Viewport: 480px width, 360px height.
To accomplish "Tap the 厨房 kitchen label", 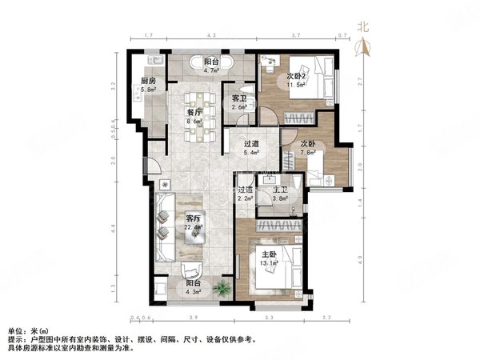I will point(148,82).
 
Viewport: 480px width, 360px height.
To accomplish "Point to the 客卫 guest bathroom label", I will point(238,98).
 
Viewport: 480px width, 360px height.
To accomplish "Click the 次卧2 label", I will point(297,76).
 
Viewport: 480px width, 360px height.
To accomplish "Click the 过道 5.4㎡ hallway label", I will point(251,146).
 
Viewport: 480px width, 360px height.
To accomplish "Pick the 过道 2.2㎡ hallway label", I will point(246,190).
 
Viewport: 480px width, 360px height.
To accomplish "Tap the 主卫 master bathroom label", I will point(280,190).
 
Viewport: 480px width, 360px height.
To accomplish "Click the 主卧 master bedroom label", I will point(269,256).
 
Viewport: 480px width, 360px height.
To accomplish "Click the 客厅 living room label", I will point(193,218).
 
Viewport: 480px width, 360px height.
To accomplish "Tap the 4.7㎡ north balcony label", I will point(211,62).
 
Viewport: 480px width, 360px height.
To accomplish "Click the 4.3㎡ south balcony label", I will point(192,286).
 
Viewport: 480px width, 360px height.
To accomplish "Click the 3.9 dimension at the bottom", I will point(192,318).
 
